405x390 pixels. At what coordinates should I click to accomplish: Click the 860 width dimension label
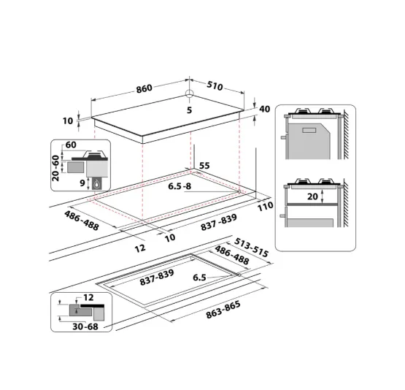(144, 88)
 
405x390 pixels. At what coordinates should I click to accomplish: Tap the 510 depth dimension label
(215, 85)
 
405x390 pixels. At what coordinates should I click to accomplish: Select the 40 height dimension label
(264, 109)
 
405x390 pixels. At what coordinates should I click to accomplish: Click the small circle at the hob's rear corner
(189, 93)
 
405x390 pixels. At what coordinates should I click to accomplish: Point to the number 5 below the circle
(189, 110)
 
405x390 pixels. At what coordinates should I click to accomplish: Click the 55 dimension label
(204, 166)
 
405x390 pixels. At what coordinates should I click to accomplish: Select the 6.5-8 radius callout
(180, 186)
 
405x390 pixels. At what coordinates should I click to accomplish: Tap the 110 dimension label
(265, 206)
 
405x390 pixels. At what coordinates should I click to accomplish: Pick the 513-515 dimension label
(251, 248)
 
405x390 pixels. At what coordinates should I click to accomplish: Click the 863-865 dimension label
(223, 310)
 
